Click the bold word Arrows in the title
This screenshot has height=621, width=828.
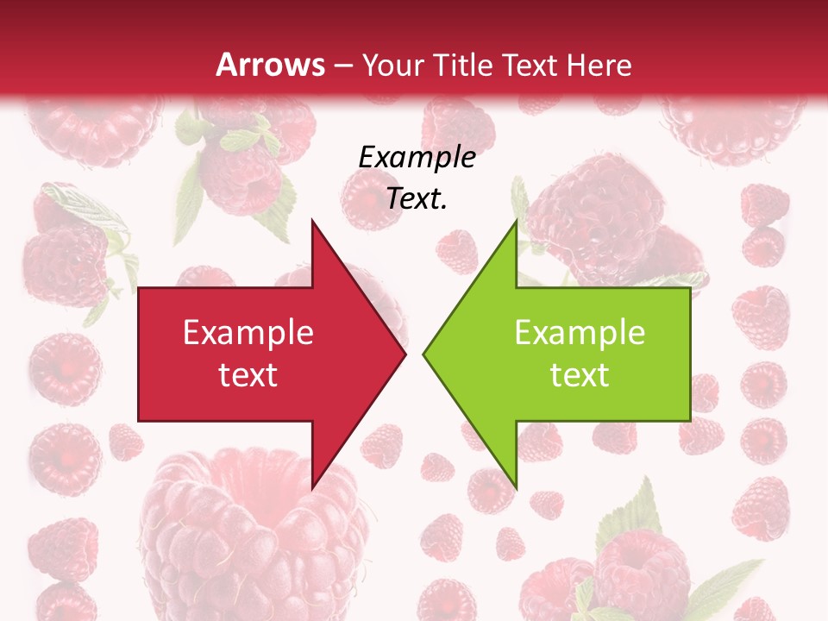(x=271, y=65)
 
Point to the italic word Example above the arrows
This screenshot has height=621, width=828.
(x=417, y=157)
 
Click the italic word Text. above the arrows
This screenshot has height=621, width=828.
(x=417, y=198)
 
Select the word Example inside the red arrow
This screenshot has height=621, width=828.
(x=248, y=333)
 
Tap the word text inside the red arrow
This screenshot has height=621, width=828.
(x=248, y=375)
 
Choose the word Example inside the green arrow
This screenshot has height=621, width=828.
(x=580, y=333)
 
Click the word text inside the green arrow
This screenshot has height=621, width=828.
(x=580, y=375)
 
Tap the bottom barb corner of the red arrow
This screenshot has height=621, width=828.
(x=313, y=486)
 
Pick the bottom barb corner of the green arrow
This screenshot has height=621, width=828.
(x=516, y=486)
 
